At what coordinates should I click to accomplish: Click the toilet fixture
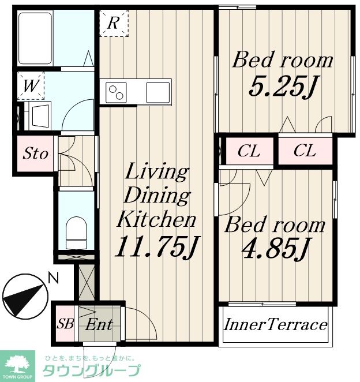[77, 233]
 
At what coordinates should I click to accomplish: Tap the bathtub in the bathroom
[35, 38]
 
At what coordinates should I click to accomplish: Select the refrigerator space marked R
[114, 23]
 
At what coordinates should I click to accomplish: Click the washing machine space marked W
[31, 86]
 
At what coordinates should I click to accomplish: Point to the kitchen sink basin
[158, 92]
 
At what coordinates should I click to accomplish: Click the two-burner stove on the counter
[116, 92]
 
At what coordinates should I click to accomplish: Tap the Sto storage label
[35, 153]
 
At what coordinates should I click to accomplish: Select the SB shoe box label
[65, 324]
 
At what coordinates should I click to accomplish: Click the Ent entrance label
[99, 324]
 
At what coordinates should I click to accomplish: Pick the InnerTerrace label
[275, 325]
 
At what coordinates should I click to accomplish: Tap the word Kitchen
[156, 219]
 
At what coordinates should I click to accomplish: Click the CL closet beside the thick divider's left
[249, 151]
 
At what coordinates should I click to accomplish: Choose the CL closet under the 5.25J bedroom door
[305, 151]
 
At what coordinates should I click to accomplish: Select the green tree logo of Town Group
[17, 365]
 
